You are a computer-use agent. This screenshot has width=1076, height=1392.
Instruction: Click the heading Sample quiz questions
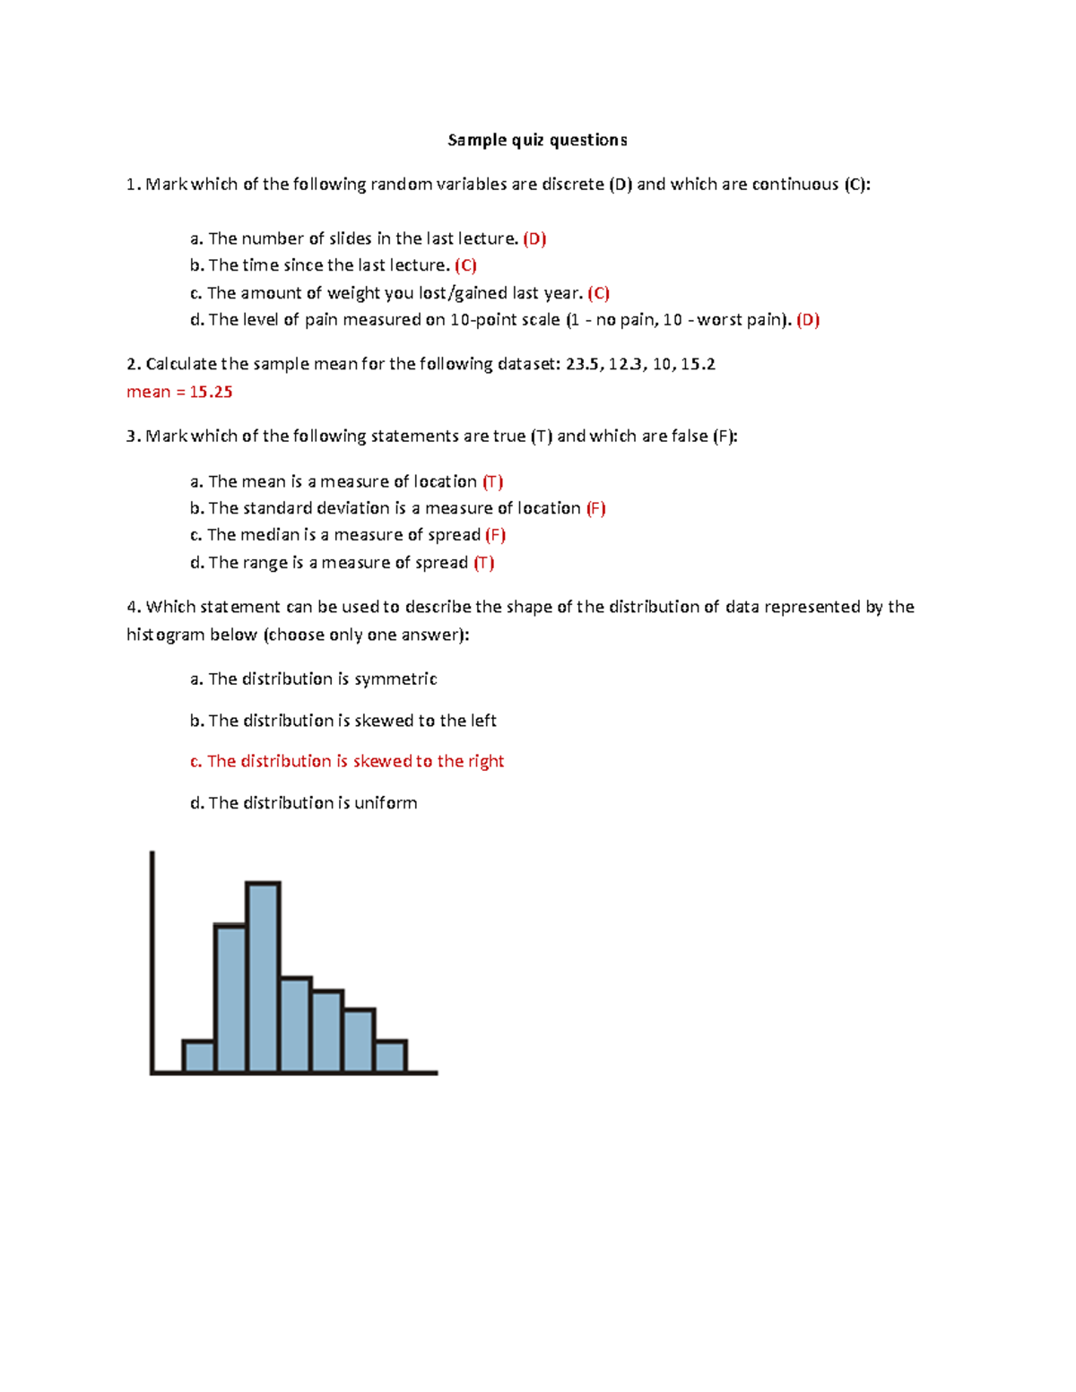coord(537,140)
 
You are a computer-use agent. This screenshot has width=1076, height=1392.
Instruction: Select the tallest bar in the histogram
coord(263,977)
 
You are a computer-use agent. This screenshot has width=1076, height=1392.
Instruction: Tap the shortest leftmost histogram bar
coord(198,1056)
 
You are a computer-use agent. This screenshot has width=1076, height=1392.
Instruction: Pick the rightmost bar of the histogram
coord(390,1056)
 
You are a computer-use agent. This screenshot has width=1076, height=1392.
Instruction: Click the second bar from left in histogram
coord(230,999)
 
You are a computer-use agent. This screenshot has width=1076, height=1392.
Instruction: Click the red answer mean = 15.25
coord(179,392)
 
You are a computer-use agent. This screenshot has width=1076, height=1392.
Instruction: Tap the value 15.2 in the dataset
coord(698,364)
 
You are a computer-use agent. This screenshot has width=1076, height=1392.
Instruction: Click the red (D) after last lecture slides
coord(534,238)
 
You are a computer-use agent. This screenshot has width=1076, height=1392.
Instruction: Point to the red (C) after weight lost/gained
coord(599,293)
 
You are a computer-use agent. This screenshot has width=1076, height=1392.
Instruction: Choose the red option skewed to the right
coord(347,761)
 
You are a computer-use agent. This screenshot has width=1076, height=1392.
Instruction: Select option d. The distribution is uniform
coord(304,803)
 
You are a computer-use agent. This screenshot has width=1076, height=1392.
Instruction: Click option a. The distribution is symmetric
coord(314,679)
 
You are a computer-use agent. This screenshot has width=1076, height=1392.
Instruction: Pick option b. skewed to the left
coord(343,721)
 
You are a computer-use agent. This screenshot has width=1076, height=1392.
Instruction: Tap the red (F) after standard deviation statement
coord(596,508)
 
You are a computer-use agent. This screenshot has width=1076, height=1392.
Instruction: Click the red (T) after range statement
coord(484,563)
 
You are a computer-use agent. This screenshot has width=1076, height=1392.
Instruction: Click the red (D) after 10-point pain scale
coord(808,320)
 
